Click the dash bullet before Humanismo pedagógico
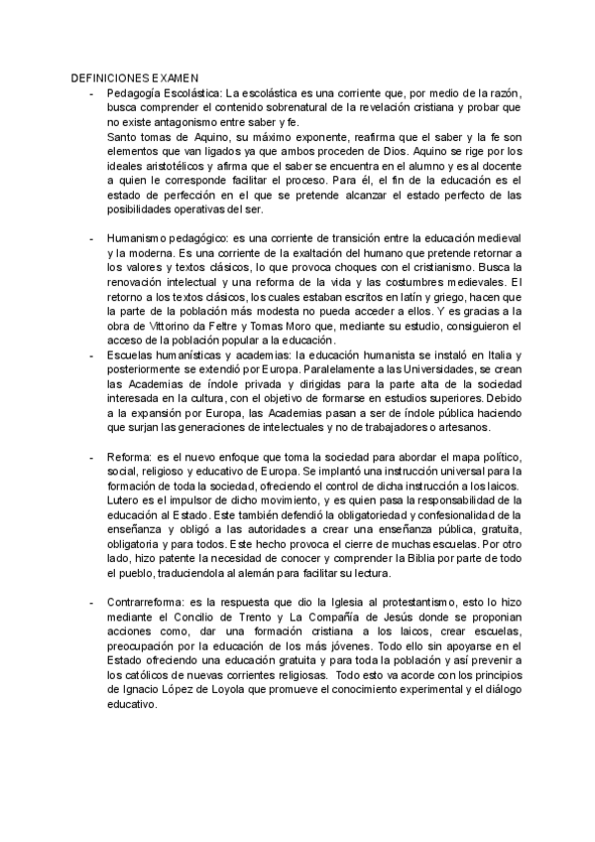[91, 240]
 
